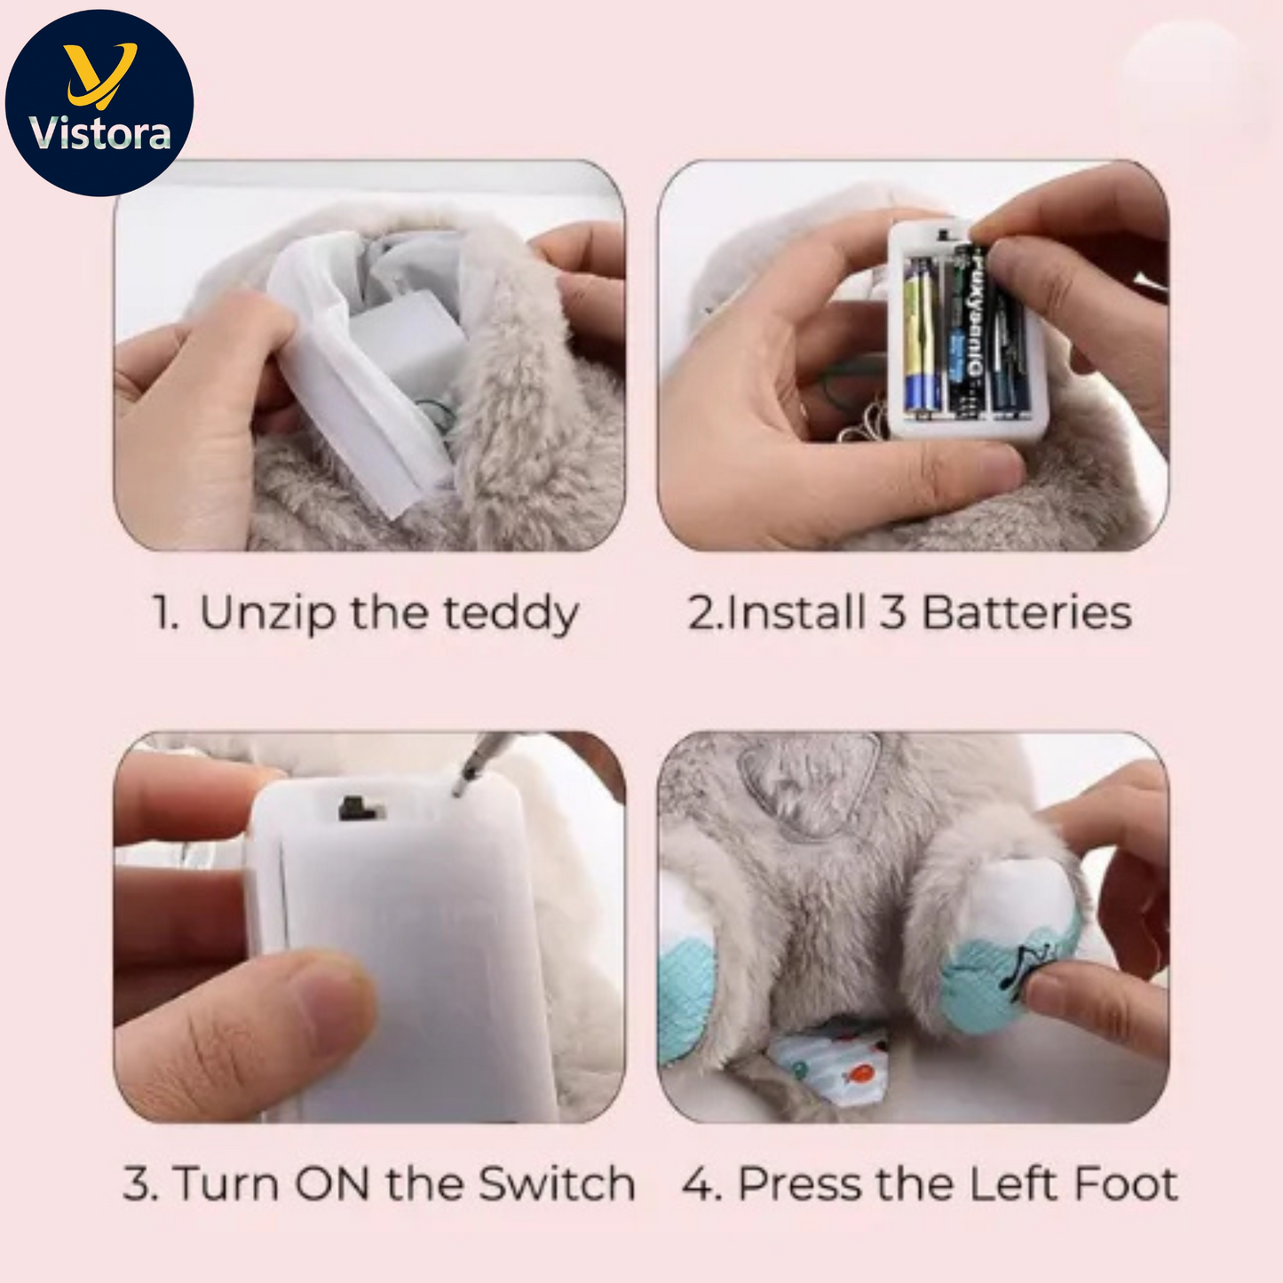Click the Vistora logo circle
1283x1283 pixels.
coord(99,103)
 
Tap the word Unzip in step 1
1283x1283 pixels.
coord(267,614)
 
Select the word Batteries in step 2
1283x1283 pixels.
coord(1027,613)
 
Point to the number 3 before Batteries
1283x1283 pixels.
coord(892,613)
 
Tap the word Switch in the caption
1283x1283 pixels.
coord(557,1184)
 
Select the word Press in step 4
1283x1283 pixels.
coord(799,1184)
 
